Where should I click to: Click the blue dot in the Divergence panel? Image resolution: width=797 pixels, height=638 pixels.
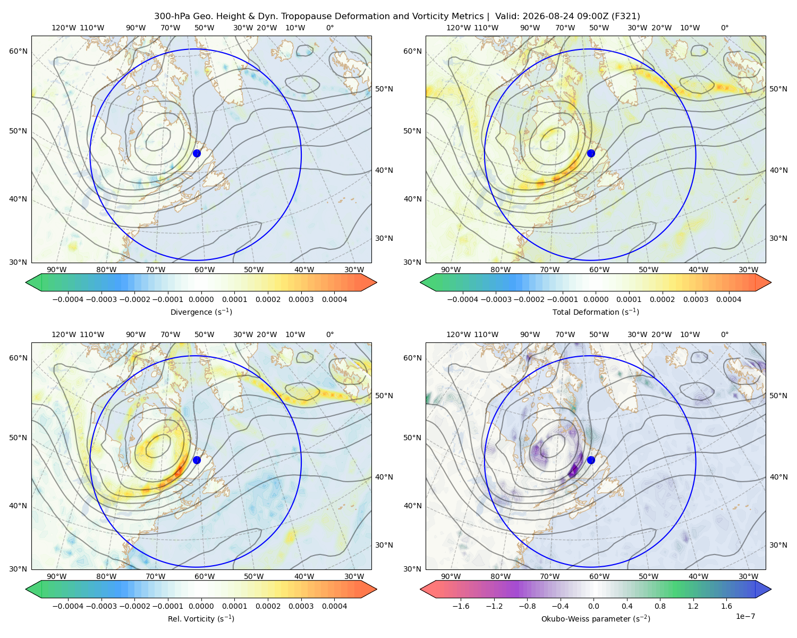[197, 153]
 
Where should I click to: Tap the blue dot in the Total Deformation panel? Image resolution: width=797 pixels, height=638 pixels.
[591, 153]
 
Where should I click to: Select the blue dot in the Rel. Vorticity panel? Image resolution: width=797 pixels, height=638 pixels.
[197, 460]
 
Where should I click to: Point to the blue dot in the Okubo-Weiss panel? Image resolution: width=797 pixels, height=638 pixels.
[591, 460]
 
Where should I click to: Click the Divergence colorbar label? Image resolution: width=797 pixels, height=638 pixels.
[201, 312]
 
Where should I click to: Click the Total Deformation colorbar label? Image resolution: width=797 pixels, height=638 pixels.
[596, 312]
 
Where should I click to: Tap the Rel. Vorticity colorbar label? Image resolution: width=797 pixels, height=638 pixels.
[201, 618]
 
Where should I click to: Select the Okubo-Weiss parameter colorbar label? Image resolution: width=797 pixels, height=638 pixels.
[596, 618]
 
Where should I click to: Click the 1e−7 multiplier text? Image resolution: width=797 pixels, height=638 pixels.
[745, 616]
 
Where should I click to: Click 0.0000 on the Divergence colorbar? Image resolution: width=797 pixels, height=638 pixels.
[201, 299]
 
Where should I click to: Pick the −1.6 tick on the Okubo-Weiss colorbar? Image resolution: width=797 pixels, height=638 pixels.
[461, 606]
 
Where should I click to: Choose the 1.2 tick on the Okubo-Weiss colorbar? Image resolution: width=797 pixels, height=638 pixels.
[693, 606]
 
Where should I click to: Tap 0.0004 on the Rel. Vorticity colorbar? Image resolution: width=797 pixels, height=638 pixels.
[334, 606]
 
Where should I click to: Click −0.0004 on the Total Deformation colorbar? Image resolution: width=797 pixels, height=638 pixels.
[463, 299]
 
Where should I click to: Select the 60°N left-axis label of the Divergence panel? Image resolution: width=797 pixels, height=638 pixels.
[18, 51]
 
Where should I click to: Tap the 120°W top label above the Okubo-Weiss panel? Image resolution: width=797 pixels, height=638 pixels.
[459, 334]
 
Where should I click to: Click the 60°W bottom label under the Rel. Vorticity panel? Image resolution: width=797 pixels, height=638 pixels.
[205, 576]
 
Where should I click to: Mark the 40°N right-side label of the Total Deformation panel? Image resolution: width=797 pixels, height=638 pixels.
[778, 477]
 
